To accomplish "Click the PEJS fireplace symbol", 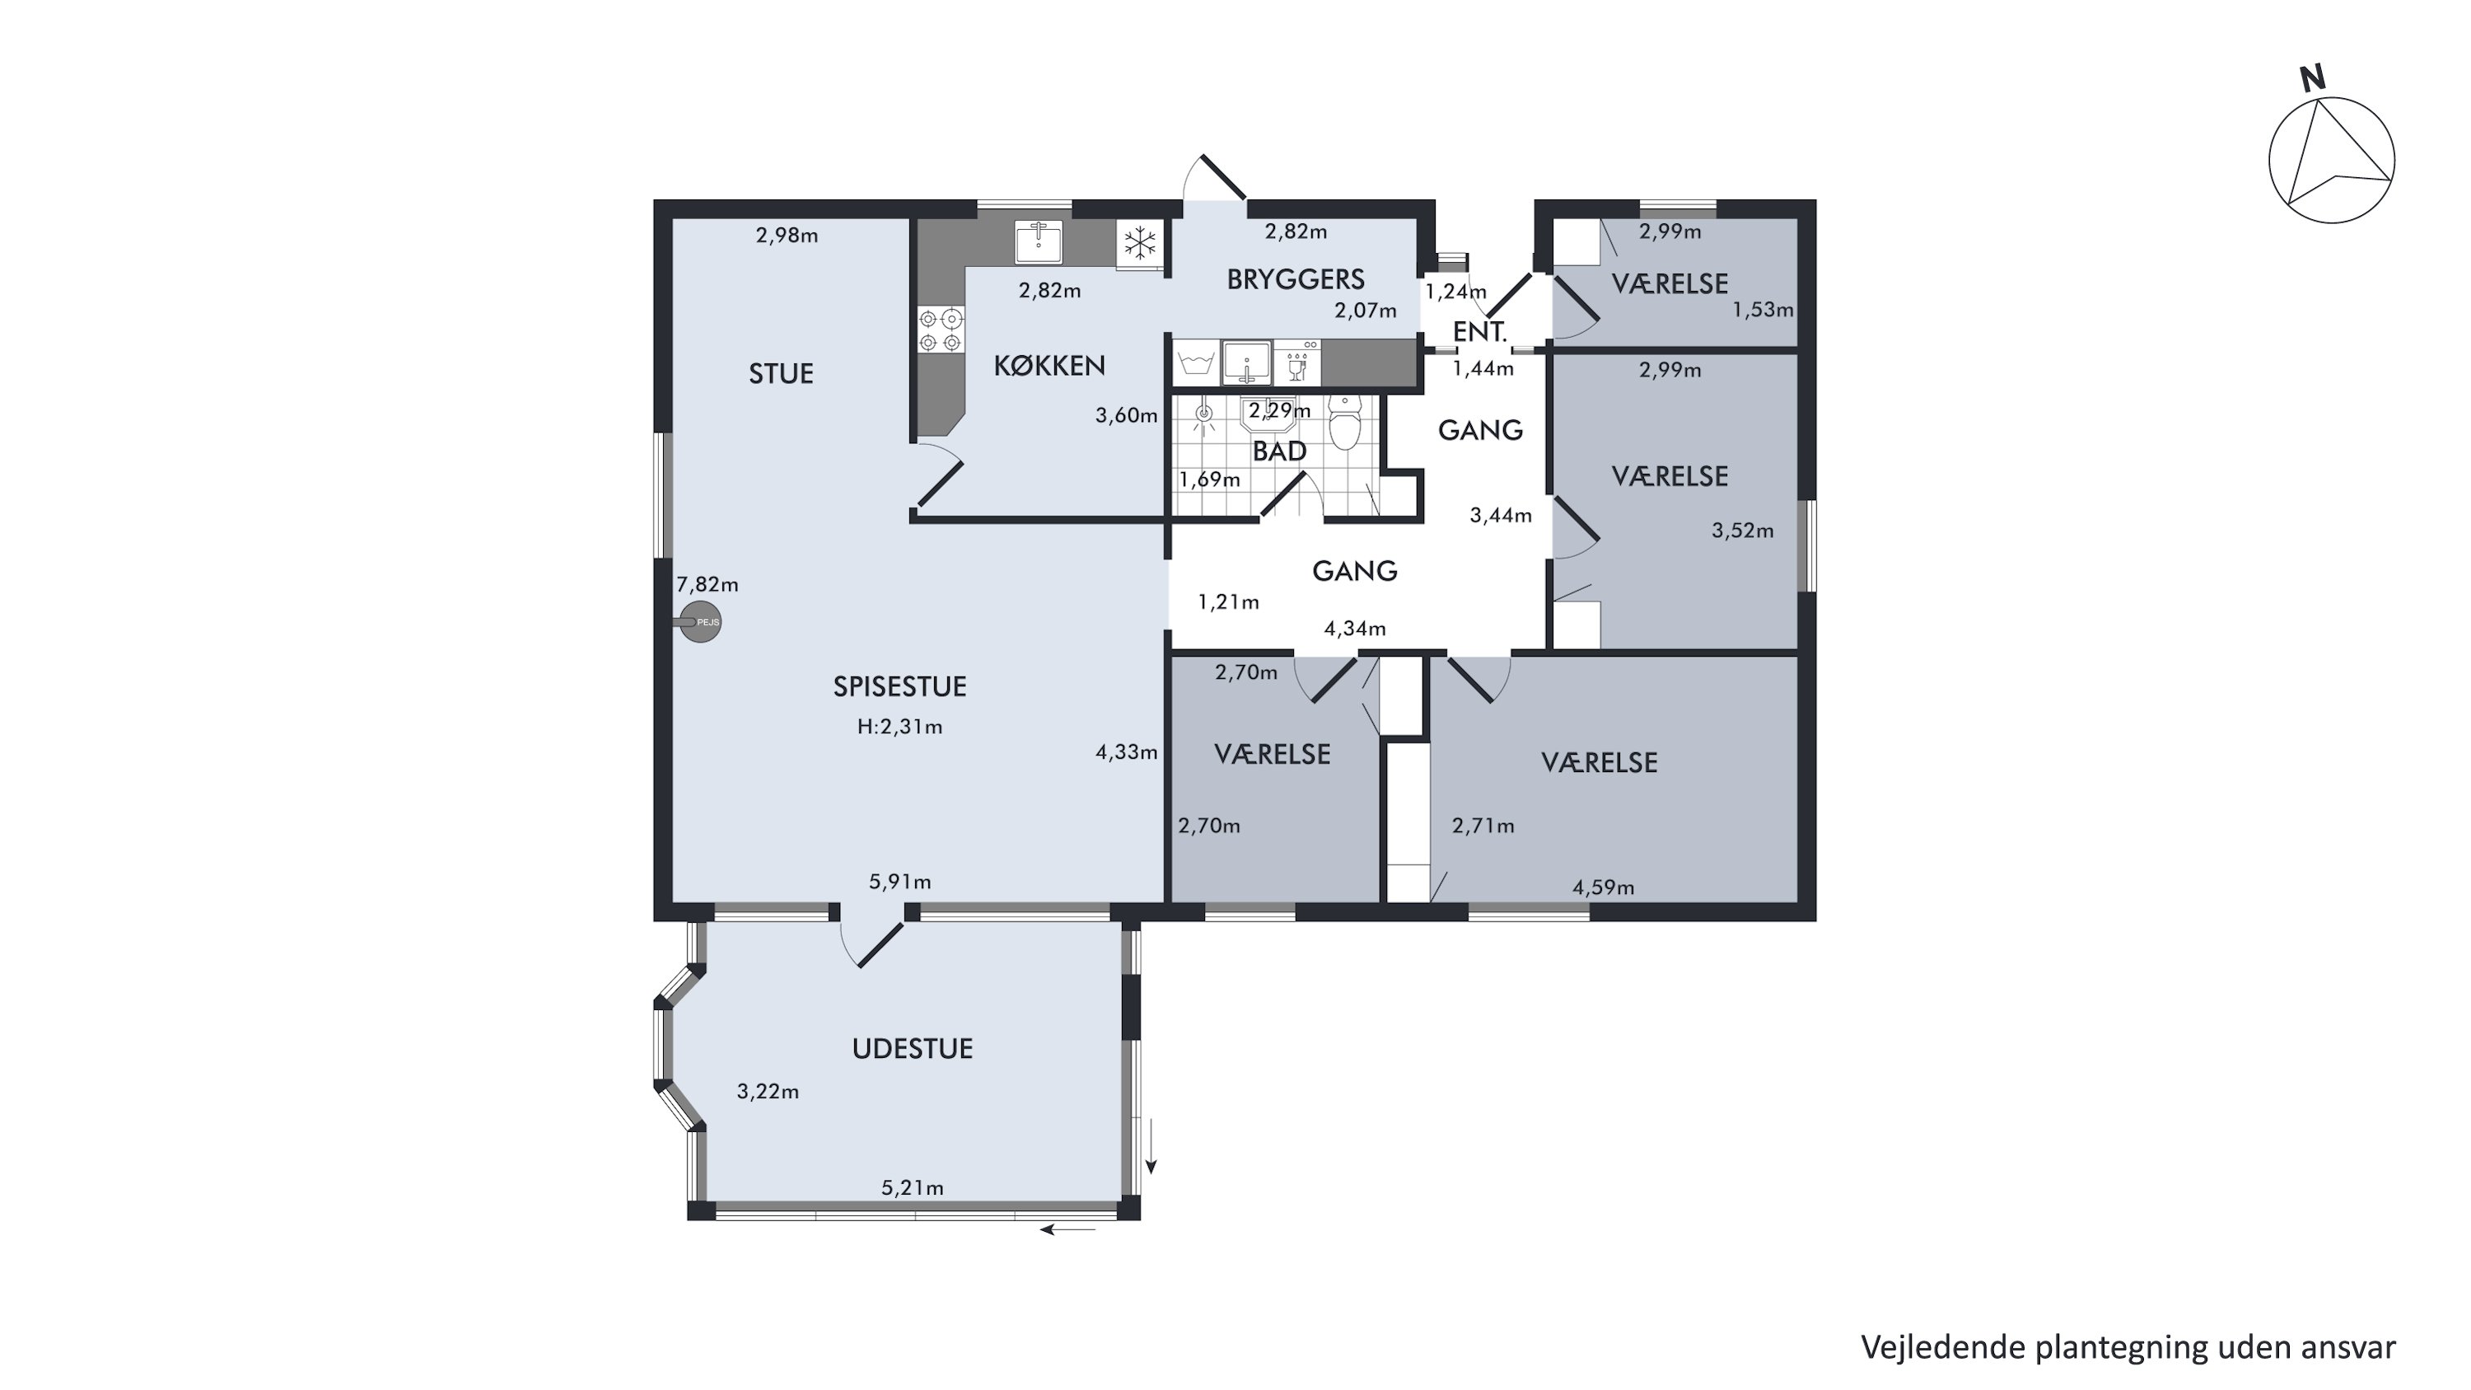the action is [700, 621].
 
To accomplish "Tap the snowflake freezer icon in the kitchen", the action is [1140, 243].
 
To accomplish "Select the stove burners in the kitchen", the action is [940, 329].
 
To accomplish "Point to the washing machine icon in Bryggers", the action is [1195, 363].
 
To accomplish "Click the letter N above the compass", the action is [2313, 77].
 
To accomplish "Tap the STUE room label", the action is [781, 373].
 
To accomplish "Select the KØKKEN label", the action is [1049, 366].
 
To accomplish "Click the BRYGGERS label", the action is [1296, 279].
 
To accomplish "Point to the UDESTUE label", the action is [913, 1049].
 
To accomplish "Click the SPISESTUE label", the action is [899, 686].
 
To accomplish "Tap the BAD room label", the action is [1280, 451].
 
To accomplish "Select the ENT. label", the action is [1480, 332].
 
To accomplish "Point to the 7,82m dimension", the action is [707, 584].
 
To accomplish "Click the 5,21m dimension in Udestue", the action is [913, 1187].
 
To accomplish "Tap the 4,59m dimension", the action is [1603, 887].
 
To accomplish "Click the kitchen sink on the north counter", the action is [1039, 241].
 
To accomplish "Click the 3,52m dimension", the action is [1743, 531].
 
